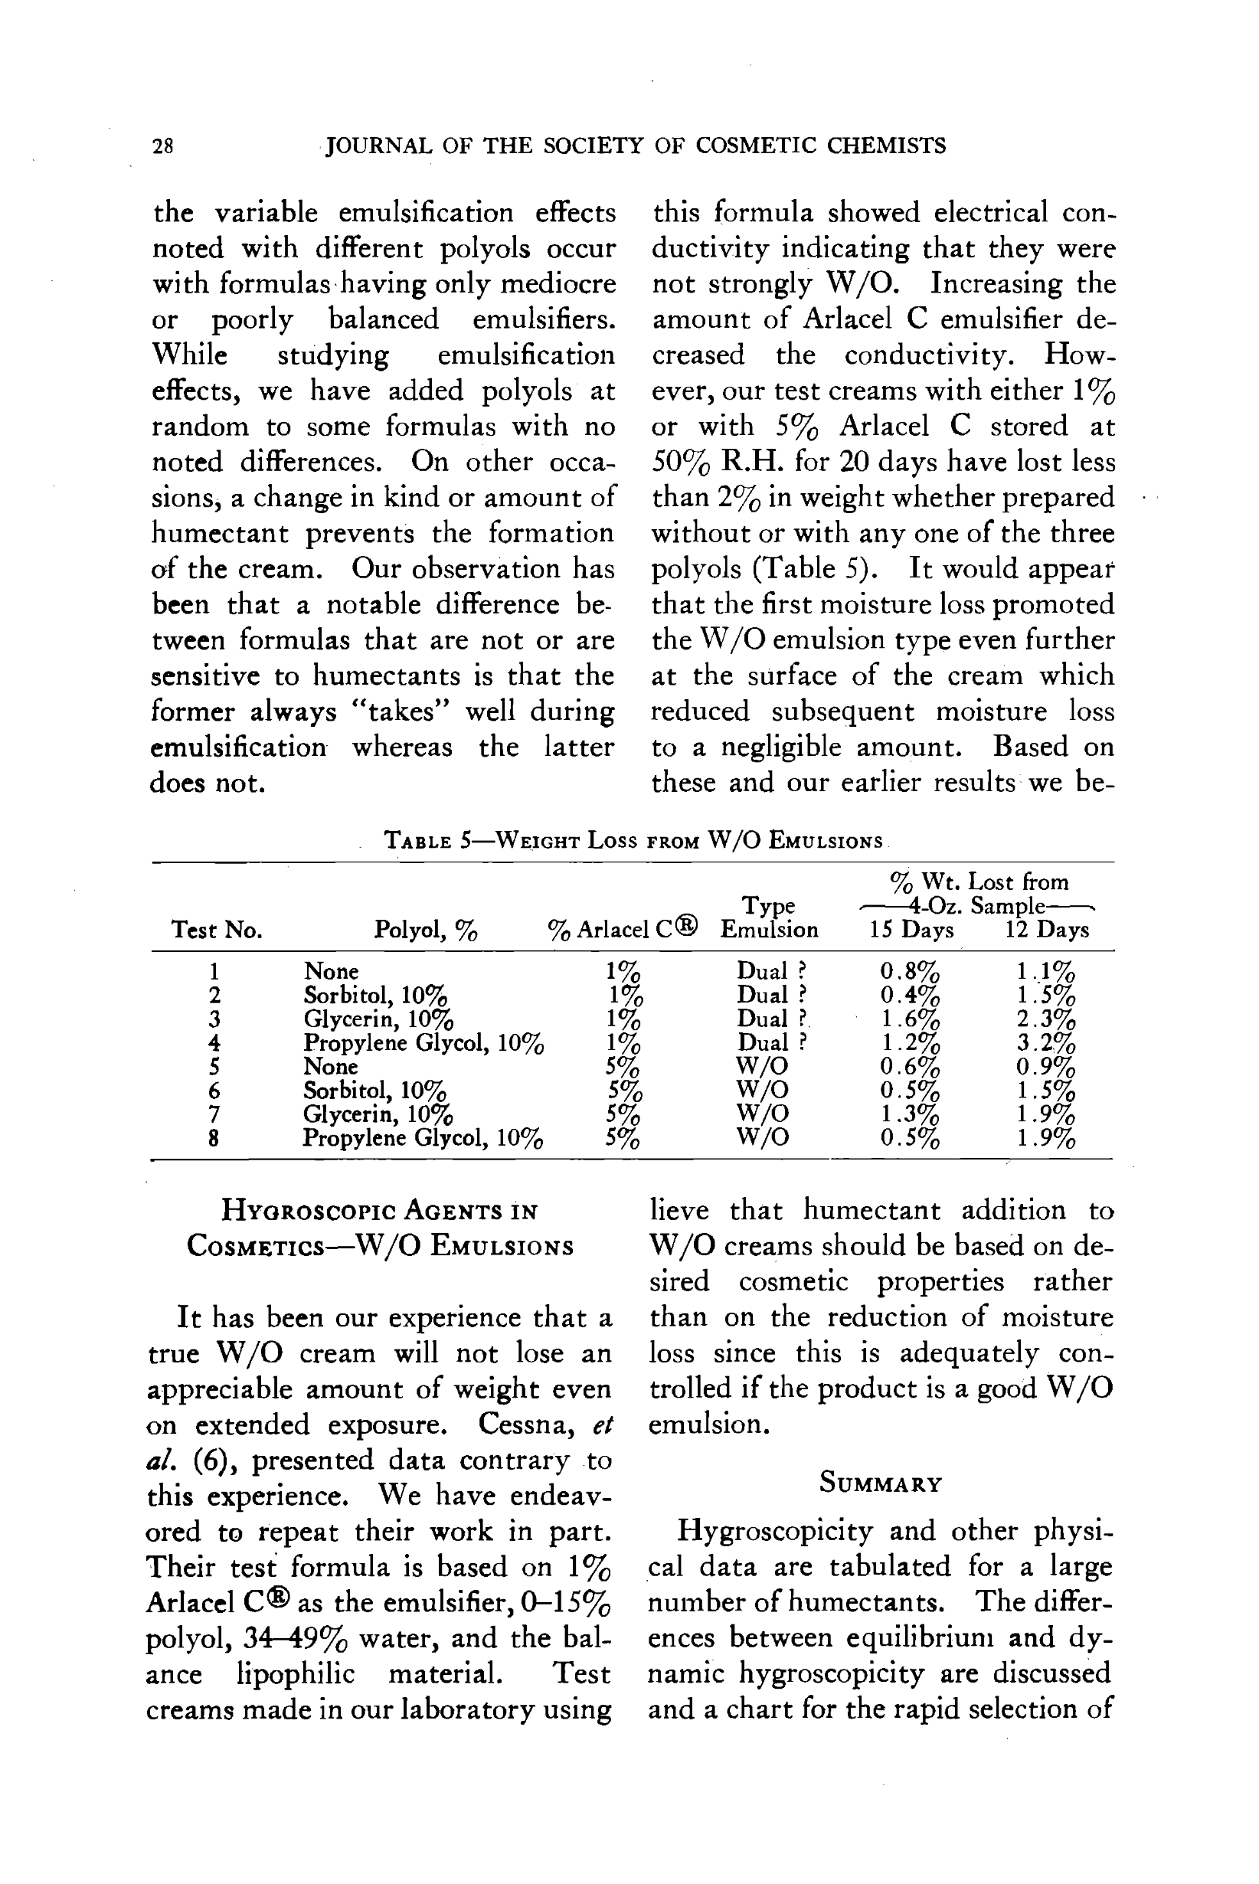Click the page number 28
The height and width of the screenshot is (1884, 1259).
click(x=162, y=146)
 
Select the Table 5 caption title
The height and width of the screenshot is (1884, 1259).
click(x=633, y=840)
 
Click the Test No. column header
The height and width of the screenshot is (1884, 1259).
click(x=217, y=930)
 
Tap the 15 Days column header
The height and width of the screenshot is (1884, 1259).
click(x=911, y=930)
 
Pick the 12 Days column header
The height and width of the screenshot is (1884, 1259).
click(x=1047, y=930)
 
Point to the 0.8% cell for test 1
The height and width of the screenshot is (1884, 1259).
click(x=910, y=971)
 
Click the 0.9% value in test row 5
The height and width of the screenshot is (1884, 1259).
click(x=1045, y=1067)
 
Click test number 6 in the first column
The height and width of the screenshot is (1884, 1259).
click(x=214, y=1090)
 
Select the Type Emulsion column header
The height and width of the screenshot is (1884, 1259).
click(x=769, y=917)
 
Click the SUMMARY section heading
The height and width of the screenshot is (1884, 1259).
click(x=881, y=1483)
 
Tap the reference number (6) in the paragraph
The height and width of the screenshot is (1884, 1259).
click(x=213, y=1460)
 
